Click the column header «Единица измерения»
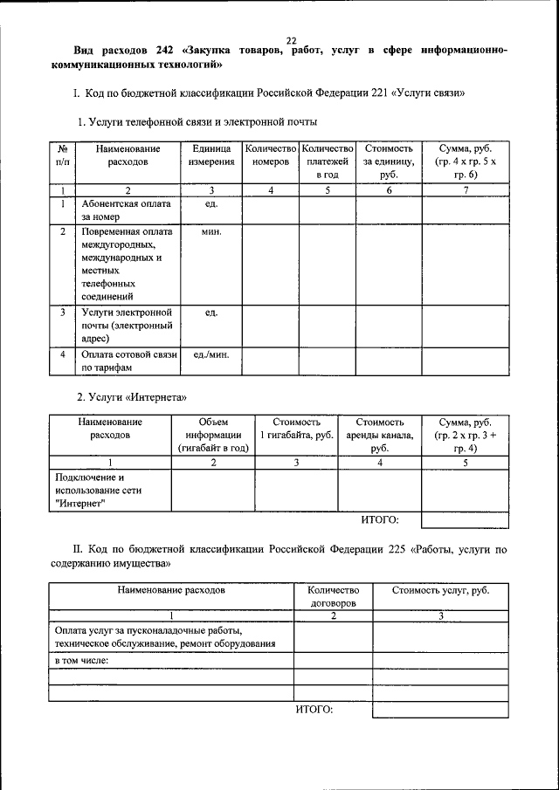point(210,155)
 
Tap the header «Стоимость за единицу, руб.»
point(388,161)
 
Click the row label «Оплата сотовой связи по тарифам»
point(128,361)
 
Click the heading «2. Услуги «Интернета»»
point(132,397)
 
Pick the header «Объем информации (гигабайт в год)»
point(213,435)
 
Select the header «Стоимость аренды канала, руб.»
point(379,435)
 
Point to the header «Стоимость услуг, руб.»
point(440,591)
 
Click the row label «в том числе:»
point(81,660)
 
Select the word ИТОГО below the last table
point(314,709)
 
